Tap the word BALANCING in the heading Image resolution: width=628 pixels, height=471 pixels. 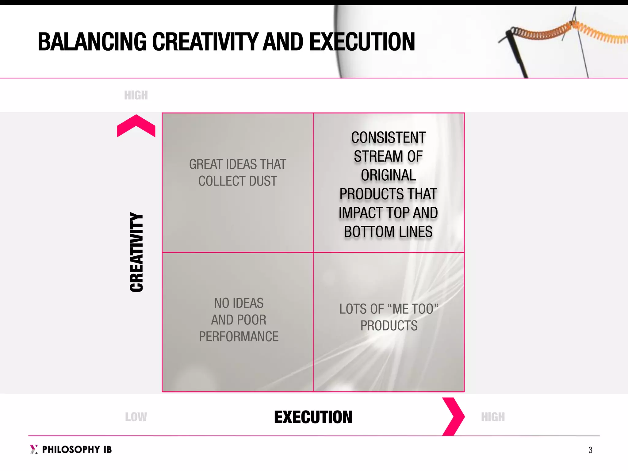[x=92, y=42]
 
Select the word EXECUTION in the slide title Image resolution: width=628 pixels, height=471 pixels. [x=362, y=42]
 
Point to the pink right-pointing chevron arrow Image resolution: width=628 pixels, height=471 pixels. [x=453, y=416]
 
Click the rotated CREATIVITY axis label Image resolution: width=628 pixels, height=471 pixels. [x=136, y=252]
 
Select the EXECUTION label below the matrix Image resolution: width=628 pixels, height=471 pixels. [x=313, y=417]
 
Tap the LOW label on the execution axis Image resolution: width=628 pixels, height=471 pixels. [x=136, y=417]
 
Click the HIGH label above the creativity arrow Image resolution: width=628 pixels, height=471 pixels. [x=136, y=95]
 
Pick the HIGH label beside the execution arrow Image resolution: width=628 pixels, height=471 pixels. [x=493, y=417]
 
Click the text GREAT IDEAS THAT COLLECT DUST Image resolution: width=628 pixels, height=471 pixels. [x=238, y=173]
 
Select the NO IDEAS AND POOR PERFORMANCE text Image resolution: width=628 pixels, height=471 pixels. [x=239, y=320]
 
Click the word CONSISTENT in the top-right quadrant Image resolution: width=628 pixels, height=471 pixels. [x=389, y=137]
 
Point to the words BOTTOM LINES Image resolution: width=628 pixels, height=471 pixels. [x=388, y=232]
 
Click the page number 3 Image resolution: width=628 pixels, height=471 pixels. [x=590, y=450]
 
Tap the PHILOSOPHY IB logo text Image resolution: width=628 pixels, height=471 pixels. [x=77, y=450]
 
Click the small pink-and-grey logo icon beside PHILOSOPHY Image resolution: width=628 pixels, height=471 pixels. [x=34, y=449]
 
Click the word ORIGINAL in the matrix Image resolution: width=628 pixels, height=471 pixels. [x=389, y=175]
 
